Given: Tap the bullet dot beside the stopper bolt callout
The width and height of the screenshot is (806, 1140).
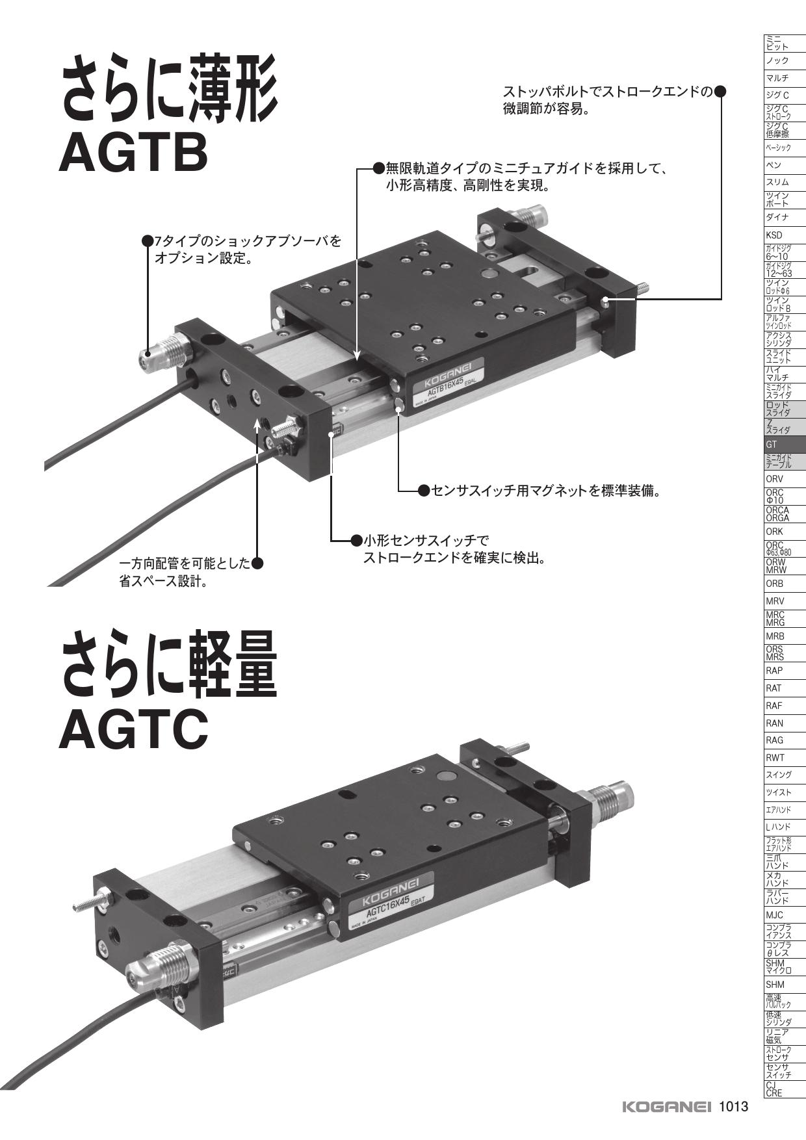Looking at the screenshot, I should coord(720,92).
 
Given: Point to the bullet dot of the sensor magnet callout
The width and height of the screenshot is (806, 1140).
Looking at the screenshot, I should coord(424,490).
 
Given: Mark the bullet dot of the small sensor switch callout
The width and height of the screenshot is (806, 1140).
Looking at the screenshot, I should coord(356,540).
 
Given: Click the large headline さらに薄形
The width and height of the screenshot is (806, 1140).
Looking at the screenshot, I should coord(169,93).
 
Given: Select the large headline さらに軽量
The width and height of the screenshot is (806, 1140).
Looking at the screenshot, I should coord(169,669).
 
